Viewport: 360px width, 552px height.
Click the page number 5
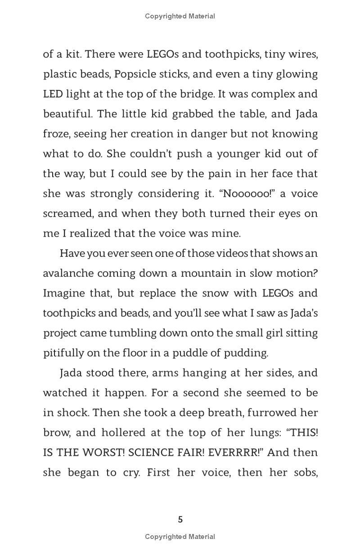180,520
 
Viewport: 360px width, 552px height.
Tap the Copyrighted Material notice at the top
180,16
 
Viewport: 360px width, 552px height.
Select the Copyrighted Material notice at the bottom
180,536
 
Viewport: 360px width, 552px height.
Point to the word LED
53,94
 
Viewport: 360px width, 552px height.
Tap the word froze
56,134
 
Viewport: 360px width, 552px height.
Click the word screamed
68,213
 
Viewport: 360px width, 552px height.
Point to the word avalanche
67,273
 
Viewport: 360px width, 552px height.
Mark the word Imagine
63,293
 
